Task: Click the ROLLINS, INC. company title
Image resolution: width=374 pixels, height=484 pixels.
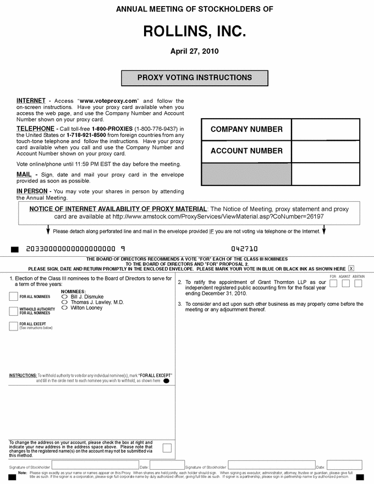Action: point(194,31)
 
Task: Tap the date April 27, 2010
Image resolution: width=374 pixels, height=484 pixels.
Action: point(194,52)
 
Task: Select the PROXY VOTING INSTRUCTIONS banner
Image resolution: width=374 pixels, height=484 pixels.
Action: point(194,78)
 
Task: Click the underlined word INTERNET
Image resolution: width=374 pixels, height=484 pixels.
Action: point(31,101)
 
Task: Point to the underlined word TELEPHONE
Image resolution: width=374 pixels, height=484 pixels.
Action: point(35,129)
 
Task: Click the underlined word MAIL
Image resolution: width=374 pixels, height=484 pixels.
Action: point(24,174)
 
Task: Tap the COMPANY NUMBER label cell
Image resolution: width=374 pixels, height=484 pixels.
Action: point(246,130)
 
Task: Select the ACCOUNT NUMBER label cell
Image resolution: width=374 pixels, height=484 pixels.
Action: point(246,151)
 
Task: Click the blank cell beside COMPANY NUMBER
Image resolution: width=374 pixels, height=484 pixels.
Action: point(325,130)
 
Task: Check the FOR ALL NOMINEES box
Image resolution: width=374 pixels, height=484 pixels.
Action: point(14,297)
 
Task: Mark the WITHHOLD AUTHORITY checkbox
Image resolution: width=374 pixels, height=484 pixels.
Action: point(14,311)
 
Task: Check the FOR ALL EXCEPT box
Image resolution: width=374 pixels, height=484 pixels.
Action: point(14,326)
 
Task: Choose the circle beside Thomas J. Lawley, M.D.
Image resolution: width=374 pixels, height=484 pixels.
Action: point(64,302)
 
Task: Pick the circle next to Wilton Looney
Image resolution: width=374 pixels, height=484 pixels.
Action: point(64,308)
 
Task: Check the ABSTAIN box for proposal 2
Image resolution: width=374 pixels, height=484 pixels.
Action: point(358,283)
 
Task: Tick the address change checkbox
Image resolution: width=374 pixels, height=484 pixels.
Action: point(167,448)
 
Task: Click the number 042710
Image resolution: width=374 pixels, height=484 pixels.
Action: point(244,249)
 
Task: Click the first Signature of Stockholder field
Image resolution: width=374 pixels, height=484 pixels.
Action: point(95,465)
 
